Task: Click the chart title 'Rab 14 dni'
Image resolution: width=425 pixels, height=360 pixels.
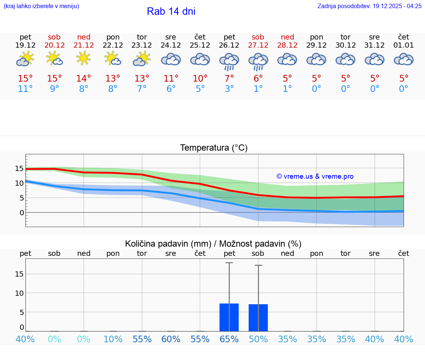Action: tap(171, 11)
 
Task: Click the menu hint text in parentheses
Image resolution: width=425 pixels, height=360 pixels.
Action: tap(41, 6)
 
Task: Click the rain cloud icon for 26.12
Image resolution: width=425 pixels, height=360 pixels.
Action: tap(229, 61)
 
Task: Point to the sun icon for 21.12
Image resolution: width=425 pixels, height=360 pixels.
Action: tap(84, 58)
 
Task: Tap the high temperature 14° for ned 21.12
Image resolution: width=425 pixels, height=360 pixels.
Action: tap(84, 79)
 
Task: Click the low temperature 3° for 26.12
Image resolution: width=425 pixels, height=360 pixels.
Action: tap(229, 89)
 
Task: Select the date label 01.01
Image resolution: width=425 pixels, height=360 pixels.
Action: tap(404, 45)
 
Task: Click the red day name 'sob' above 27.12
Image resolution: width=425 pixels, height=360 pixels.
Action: tap(258, 37)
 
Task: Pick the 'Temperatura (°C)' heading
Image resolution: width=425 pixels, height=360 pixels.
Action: tap(214, 148)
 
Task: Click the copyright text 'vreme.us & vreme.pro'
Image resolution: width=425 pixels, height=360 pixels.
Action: tap(315, 176)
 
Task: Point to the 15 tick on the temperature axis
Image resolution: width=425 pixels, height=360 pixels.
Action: tap(19, 168)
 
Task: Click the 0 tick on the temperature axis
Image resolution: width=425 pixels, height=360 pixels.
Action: tap(22, 213)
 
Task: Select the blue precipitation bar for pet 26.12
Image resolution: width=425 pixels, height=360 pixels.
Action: tap(229, 317)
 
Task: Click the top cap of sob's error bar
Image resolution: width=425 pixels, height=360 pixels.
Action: tap(258, 265)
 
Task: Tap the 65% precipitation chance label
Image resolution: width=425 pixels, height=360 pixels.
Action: tap(229, 339)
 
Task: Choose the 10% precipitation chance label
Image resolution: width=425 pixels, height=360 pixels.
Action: tap(113, 339)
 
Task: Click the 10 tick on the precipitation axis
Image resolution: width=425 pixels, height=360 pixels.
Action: tap(19, 293)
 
